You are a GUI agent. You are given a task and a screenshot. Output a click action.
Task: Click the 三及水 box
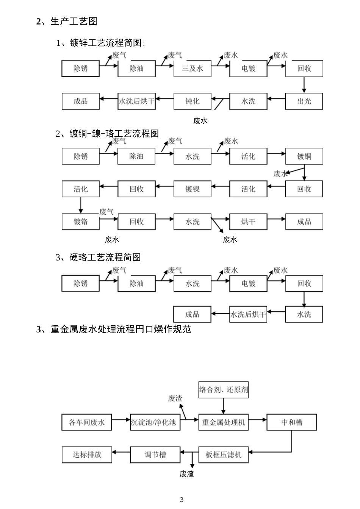click(192, 69)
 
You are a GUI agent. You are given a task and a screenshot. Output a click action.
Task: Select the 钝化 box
click(192, 101)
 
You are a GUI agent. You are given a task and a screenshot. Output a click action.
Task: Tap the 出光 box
click(304, 101)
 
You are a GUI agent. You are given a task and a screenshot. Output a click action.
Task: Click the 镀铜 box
click(304, 156)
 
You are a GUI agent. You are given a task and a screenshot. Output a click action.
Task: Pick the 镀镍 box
click(192, 189)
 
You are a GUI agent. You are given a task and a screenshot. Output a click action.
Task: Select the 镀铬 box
click(80, 222)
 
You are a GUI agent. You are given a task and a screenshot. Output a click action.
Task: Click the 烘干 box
click(248, 222)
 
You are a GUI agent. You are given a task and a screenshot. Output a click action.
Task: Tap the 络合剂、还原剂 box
click(223, 390)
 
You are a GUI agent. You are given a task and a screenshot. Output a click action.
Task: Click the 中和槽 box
click(291, 422)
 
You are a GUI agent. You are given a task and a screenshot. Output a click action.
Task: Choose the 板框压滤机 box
click(223, 454)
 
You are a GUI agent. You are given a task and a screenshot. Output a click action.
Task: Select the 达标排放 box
click(87, 454)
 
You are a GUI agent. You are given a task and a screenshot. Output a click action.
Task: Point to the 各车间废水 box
click(87, 422)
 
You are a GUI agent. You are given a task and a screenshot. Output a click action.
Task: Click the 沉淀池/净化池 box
click(155, 422)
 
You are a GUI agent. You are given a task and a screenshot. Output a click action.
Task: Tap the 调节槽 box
click(155, 454)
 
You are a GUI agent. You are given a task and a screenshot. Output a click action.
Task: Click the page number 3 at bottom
click(182, 499)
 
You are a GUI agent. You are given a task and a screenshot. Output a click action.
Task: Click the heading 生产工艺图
click(74, 21)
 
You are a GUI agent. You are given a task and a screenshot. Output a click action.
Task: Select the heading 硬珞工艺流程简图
click(105, 258)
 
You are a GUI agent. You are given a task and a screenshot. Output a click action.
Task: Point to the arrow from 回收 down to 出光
click(304, 85)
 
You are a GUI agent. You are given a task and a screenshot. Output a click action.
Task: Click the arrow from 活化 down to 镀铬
click(80, 205)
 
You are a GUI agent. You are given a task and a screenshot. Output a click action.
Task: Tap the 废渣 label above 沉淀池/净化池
click(175, 398)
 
